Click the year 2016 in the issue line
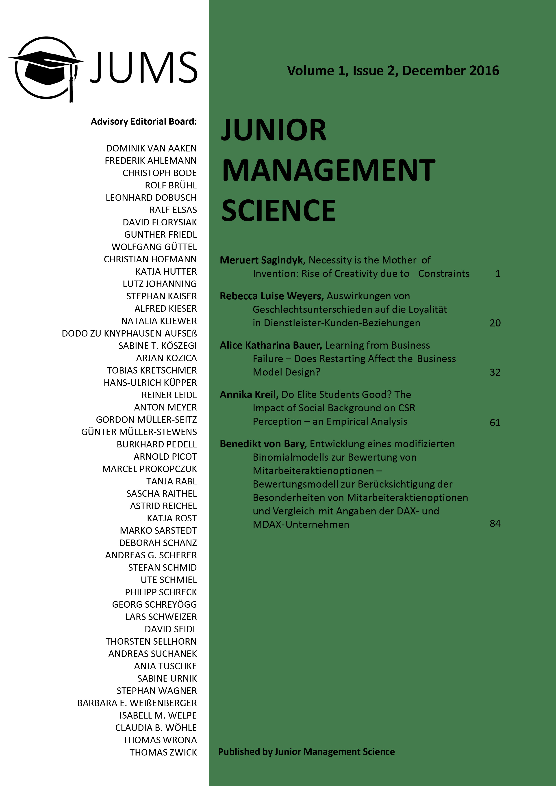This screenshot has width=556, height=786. [x=484, y=71]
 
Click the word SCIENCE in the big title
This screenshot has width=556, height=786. [x=278, y=211]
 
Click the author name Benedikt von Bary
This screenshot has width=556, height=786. [x=263, y=444]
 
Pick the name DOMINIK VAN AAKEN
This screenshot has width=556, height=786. [x=151, y=148]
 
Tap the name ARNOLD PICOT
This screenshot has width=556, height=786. [x=165, y=457]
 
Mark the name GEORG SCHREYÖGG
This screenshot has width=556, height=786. [x=154, y=605]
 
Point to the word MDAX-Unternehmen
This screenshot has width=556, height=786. [x=301, y=525]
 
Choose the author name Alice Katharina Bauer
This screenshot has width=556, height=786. [x=271, y=345]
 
